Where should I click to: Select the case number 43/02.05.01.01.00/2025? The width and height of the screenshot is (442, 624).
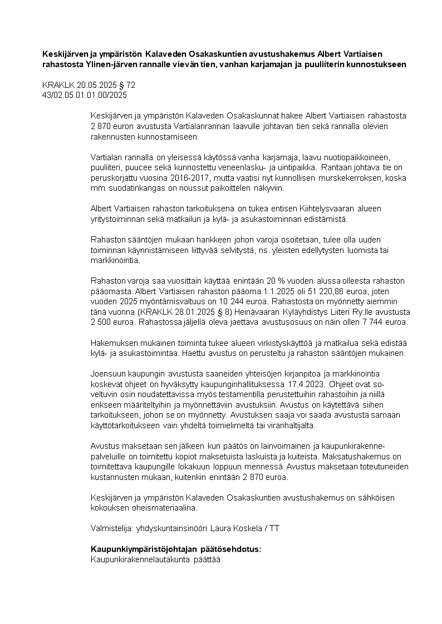click(x=85, y=95)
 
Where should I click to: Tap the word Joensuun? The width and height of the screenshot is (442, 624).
click(x=108, y=373)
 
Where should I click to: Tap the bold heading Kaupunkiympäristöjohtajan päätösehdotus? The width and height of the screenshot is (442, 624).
click(x=175, y=549)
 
